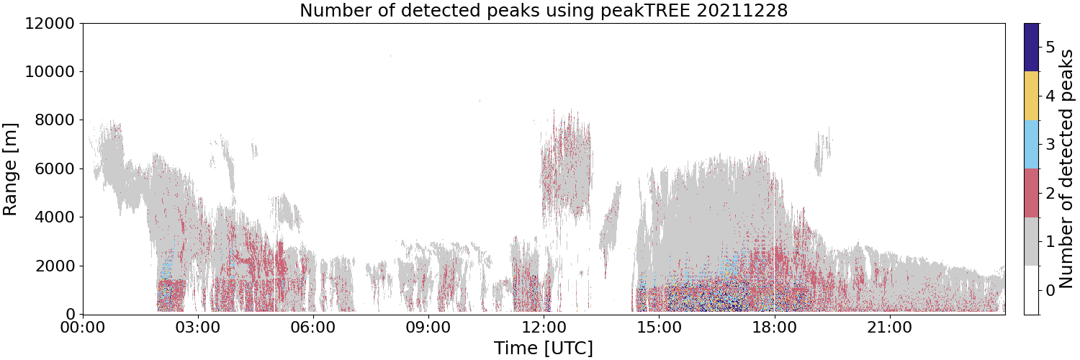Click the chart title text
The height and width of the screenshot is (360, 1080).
[544, 10]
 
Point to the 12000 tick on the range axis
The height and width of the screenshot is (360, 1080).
[50, 23]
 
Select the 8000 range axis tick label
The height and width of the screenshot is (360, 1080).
[55, 120]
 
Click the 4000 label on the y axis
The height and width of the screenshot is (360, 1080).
[55, 217]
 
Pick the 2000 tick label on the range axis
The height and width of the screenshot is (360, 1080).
[55, 266]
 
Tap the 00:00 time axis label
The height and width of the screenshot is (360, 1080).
[83, 328]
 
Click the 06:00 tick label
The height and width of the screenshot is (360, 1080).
[313, 328]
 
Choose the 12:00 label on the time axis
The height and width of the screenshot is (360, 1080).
[544, 328]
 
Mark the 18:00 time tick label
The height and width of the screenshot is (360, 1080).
[774, 328]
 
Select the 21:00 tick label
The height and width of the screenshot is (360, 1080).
[889, 328]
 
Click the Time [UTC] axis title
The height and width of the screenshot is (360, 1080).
[544, 348]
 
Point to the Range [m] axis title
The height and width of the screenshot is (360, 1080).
[10, 169]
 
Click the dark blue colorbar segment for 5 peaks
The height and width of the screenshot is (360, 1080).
[1031, 48]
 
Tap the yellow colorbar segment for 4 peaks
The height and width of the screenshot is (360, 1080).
[1031, 96]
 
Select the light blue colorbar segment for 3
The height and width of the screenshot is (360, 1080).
[1031, 145]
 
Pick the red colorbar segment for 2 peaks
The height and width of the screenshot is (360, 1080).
[1031, 193]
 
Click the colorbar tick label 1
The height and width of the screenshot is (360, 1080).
[1050, 241]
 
